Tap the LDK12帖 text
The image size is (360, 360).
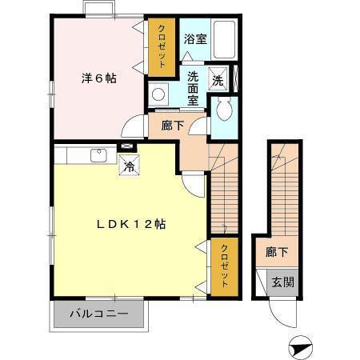[131, 225]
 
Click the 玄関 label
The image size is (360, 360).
[282, 282]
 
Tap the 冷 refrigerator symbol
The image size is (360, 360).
[128, 167]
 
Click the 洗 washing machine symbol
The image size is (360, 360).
[218, 79]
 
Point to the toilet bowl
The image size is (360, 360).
[223, 110]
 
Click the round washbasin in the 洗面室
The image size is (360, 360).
[158, 94]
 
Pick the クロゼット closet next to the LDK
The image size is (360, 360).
[225, 265]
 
